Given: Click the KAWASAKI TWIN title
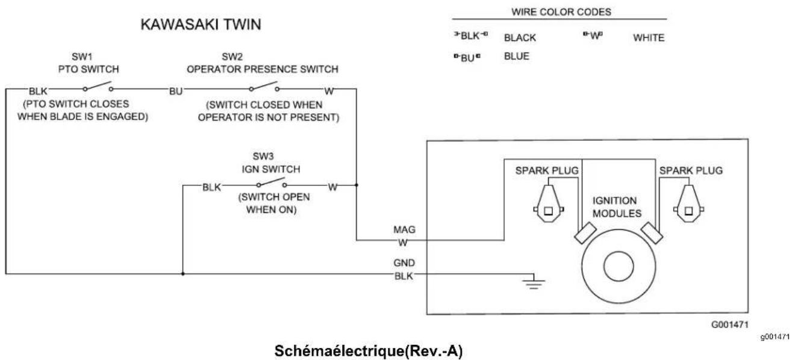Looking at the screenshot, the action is [201, 24].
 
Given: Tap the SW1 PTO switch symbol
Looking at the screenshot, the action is [98, 87].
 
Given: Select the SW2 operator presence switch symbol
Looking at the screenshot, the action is [264, 87].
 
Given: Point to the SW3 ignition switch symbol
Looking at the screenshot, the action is [272, 183].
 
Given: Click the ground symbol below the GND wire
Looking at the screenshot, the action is [534, 282].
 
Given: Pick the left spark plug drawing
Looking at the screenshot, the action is [549, 203].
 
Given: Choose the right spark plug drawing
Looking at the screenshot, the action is [689, 203].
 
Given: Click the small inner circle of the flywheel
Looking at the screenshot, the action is [619, 266].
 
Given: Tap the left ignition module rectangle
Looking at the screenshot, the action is [585, 233].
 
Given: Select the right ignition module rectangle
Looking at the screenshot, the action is [652, 233].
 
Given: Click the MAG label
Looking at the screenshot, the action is [404, 229].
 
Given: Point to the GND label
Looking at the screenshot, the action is [404, 263].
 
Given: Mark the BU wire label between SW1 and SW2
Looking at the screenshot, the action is [176, 92].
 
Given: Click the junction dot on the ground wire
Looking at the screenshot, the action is [183, 274].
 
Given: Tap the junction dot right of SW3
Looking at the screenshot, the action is [357, 185].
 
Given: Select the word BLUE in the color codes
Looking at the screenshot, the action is [517, 56].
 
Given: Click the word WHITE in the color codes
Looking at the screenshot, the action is [649, 38].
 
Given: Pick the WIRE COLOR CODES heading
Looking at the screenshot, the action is [561, 12].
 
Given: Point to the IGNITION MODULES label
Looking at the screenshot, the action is [617, 207].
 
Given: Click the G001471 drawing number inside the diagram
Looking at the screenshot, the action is [730, 324].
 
